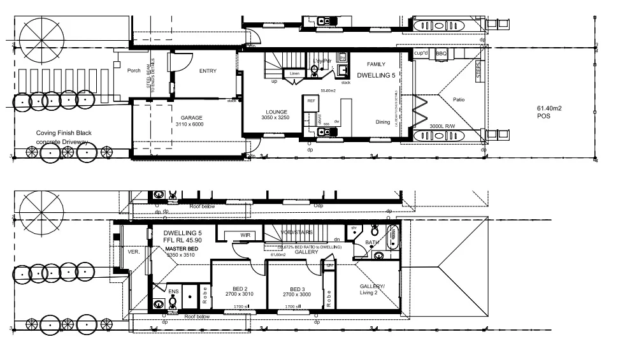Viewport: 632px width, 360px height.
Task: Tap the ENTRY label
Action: [x=208, y=71]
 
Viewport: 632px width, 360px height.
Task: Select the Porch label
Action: [x=134, y=71]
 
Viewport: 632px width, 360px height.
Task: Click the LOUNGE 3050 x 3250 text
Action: [x=276, y=115]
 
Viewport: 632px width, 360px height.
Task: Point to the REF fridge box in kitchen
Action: [x=311, y=101]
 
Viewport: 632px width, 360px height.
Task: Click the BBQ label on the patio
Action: [x=441, y=55]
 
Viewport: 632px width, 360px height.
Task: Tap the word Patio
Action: [x=459, y=99]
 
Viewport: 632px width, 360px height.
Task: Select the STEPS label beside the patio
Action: [x=478, y=70]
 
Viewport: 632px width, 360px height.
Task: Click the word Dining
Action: [x=382, y=122]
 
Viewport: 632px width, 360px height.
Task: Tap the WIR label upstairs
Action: [x=245, y=235]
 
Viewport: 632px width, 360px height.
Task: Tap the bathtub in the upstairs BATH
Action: [x=393, y=235]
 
